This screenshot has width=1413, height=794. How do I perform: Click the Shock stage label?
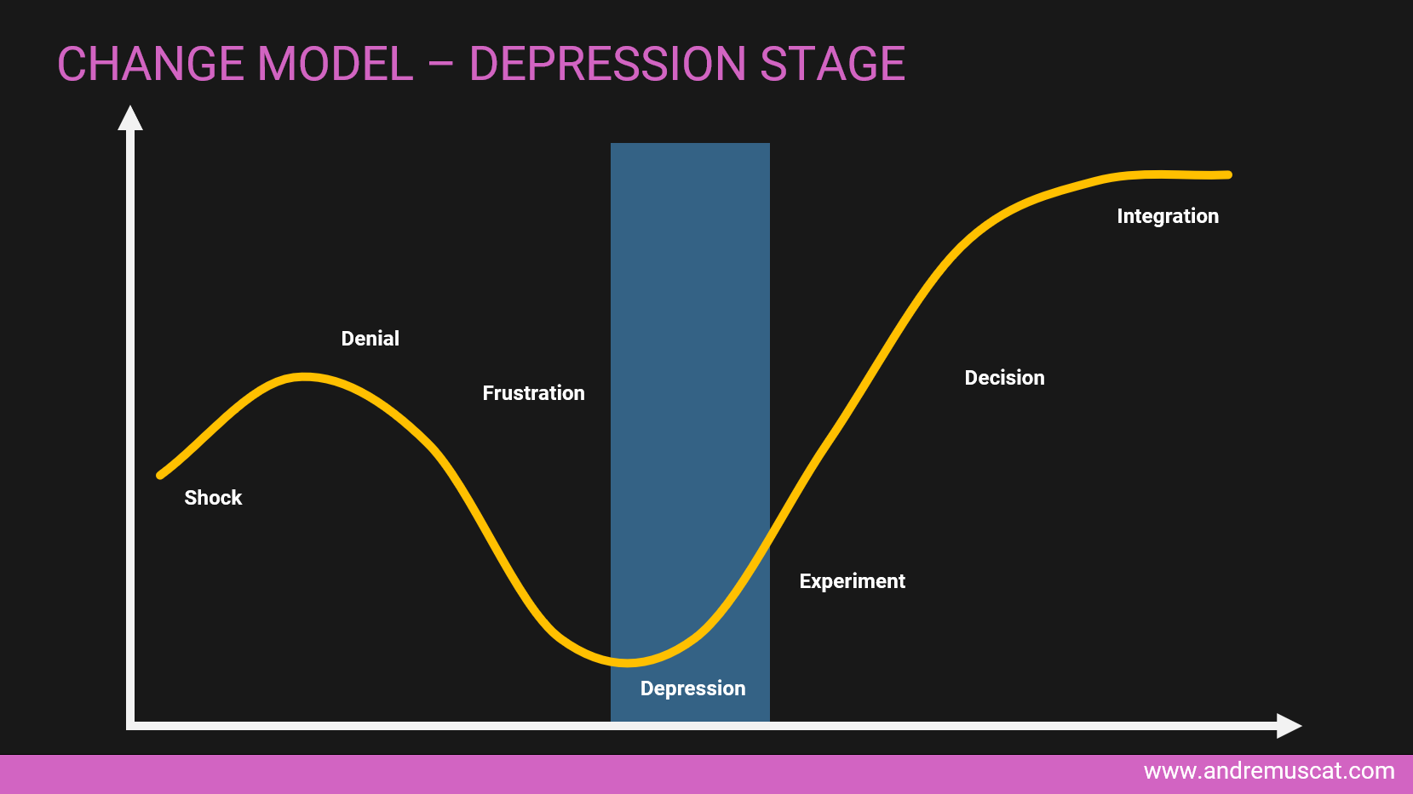[213, 498]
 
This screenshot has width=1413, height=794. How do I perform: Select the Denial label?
[370, 339]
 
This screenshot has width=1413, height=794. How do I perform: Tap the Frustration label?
[534, 393]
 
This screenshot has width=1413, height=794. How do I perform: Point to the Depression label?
[692, 688]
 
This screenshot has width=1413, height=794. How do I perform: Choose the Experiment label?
[853, 581]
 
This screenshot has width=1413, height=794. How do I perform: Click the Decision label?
[1005, 378]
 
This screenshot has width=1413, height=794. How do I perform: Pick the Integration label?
[1168, 217]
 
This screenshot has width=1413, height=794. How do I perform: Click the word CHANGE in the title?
[151, 64]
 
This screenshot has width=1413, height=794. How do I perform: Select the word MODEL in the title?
[335, 64]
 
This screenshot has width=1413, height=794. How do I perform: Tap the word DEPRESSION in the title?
[607, 64]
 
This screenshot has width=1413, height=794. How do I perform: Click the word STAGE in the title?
[833, 64]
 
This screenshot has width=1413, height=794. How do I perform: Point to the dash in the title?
[441, 65]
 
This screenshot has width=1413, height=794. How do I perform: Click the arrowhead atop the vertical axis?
[130, 117]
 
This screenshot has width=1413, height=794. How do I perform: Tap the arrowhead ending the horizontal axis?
[1290, 726]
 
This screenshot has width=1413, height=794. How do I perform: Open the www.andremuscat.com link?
[1268, 771]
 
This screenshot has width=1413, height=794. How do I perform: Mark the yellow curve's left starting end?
[160, 475]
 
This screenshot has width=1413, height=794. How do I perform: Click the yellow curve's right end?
[1228, 175]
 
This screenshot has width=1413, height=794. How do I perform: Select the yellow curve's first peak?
[305, 377]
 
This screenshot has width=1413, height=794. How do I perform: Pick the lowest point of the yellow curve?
[627, 662]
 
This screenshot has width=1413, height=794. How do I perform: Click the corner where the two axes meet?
[130, 726]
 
